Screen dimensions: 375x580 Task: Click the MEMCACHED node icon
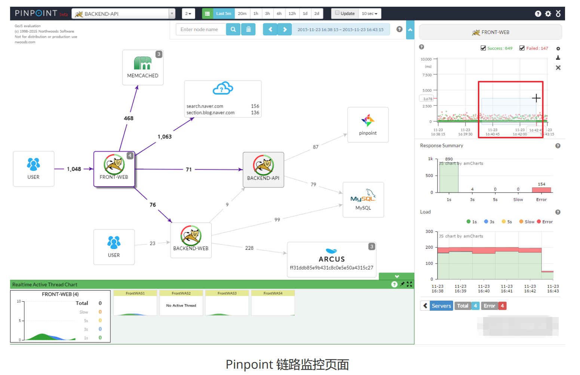click(142, 63)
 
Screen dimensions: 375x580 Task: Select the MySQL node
click(363, 199)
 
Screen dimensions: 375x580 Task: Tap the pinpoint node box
click(368, 125)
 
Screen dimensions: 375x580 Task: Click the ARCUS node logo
click(331, 251)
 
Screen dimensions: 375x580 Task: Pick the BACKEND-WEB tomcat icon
click(191, 236)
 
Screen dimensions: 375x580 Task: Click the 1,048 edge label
click(74, 169)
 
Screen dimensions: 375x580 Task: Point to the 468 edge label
click(129, 118)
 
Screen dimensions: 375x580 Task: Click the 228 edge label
click(249, 248)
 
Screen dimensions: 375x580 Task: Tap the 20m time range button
click(242, 13)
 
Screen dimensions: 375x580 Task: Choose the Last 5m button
click(223, 13)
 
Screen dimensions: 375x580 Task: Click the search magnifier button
click(233, 29)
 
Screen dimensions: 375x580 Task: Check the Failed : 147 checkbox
click(522, 48)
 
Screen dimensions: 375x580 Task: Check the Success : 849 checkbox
click(483, 48)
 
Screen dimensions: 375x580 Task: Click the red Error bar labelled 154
click(541, 190)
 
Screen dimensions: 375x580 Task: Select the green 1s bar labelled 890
click(449, 178)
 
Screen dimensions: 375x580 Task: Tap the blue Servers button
click(441, 306)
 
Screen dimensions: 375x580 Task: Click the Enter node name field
click(201, 29)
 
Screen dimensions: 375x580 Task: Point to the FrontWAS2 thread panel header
click(181, 293)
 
